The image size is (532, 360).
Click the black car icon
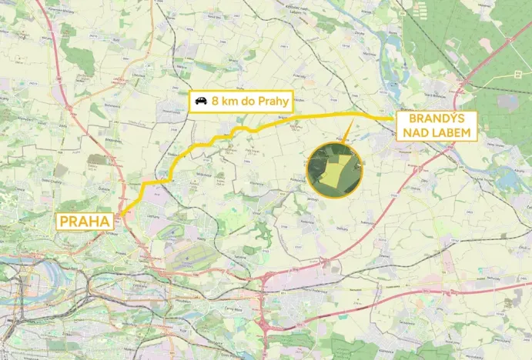coord(201,101)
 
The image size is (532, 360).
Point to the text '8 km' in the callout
coord(225,101)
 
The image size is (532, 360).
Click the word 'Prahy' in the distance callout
coord(273,101)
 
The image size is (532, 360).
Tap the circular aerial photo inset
coord(334,169)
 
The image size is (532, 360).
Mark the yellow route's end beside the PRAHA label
coord(120,215)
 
